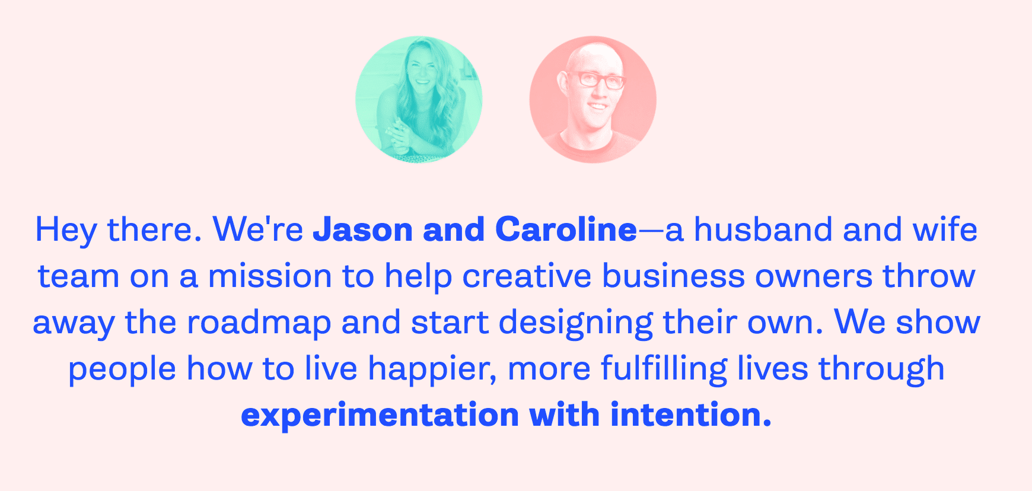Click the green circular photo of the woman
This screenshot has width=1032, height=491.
pos(419,100)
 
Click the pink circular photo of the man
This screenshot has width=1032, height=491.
pos(593,100)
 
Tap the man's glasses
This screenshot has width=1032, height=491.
pos(594,79)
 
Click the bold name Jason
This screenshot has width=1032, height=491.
pos(363,229)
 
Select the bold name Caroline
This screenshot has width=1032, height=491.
pos(566,229)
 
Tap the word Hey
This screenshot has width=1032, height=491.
pos(66,231)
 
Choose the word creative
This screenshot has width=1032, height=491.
pos(527,276)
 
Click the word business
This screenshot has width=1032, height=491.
pos(673,276)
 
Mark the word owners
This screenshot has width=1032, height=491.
pos(814,277)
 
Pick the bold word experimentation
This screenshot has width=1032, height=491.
pos(380,415)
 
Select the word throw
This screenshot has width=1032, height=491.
pos(929,276)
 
